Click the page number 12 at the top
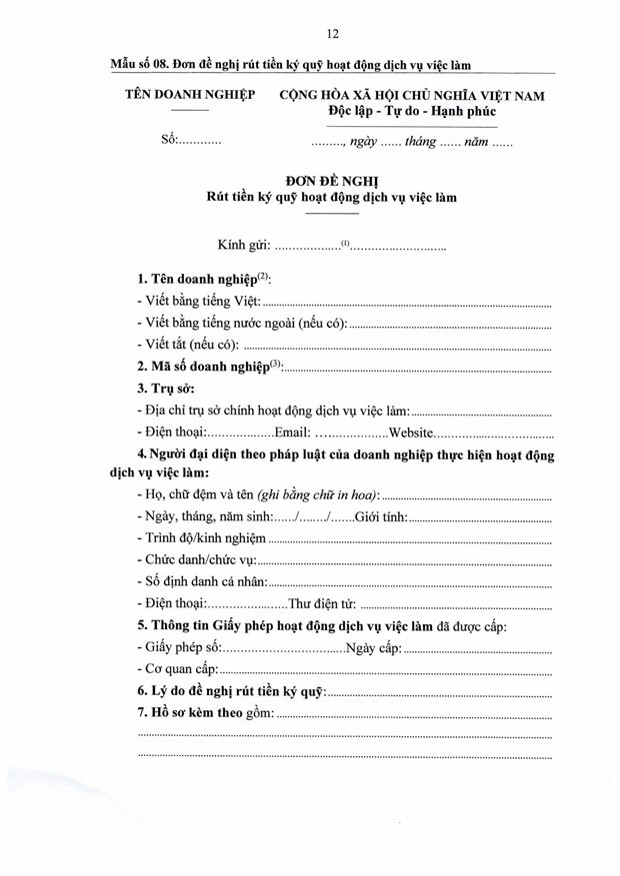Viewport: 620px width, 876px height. click(332, 33)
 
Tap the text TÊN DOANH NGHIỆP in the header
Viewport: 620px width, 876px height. click(189, 95)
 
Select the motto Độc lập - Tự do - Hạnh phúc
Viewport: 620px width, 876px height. click(412, 111)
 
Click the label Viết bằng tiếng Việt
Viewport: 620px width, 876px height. click(198, 301)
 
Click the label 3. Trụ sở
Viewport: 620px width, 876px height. click(166, 388)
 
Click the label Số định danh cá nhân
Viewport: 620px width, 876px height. click(202, 582)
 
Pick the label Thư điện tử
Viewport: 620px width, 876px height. click(322, 604)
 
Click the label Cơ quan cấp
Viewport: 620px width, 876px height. click(176, 669)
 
